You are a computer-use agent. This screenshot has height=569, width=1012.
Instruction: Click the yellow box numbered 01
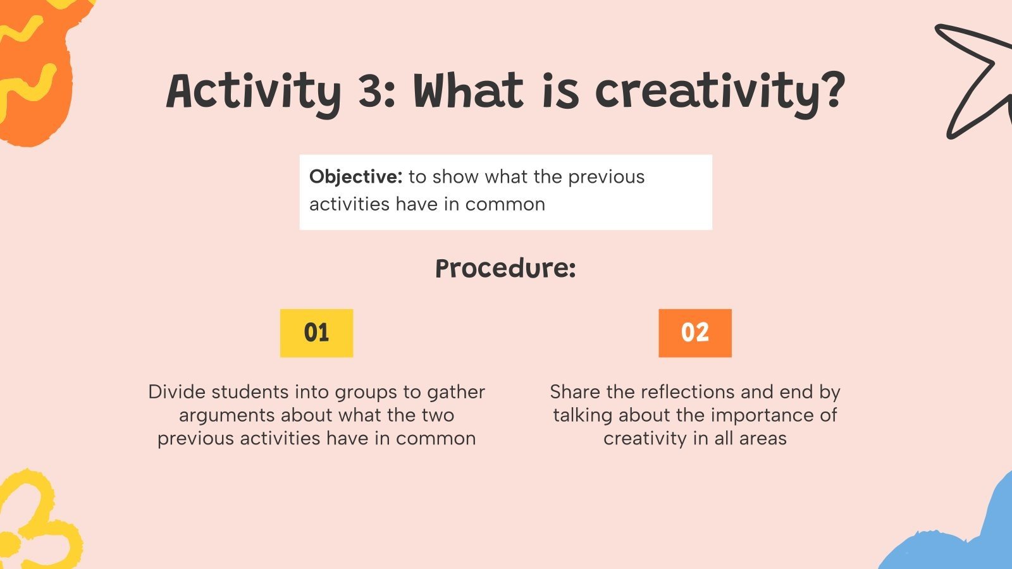pyautogui.click(x=316, y=333)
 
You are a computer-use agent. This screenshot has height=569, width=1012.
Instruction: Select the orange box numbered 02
pyautogui.click(x=694, y=333)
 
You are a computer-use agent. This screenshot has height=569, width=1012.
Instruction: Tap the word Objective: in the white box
pyautogui.click(x=355, y=177)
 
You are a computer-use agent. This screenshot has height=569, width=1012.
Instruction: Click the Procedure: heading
pyautogui.click(x=505, y=269)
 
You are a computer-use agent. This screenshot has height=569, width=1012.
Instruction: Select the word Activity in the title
pyautogui.click(x=253, y=92)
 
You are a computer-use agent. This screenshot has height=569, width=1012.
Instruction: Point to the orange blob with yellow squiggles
pyautogui.click(x=35, y=70)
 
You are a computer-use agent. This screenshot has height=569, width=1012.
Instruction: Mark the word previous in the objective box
pyautogui.click(x=607, y=177)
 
